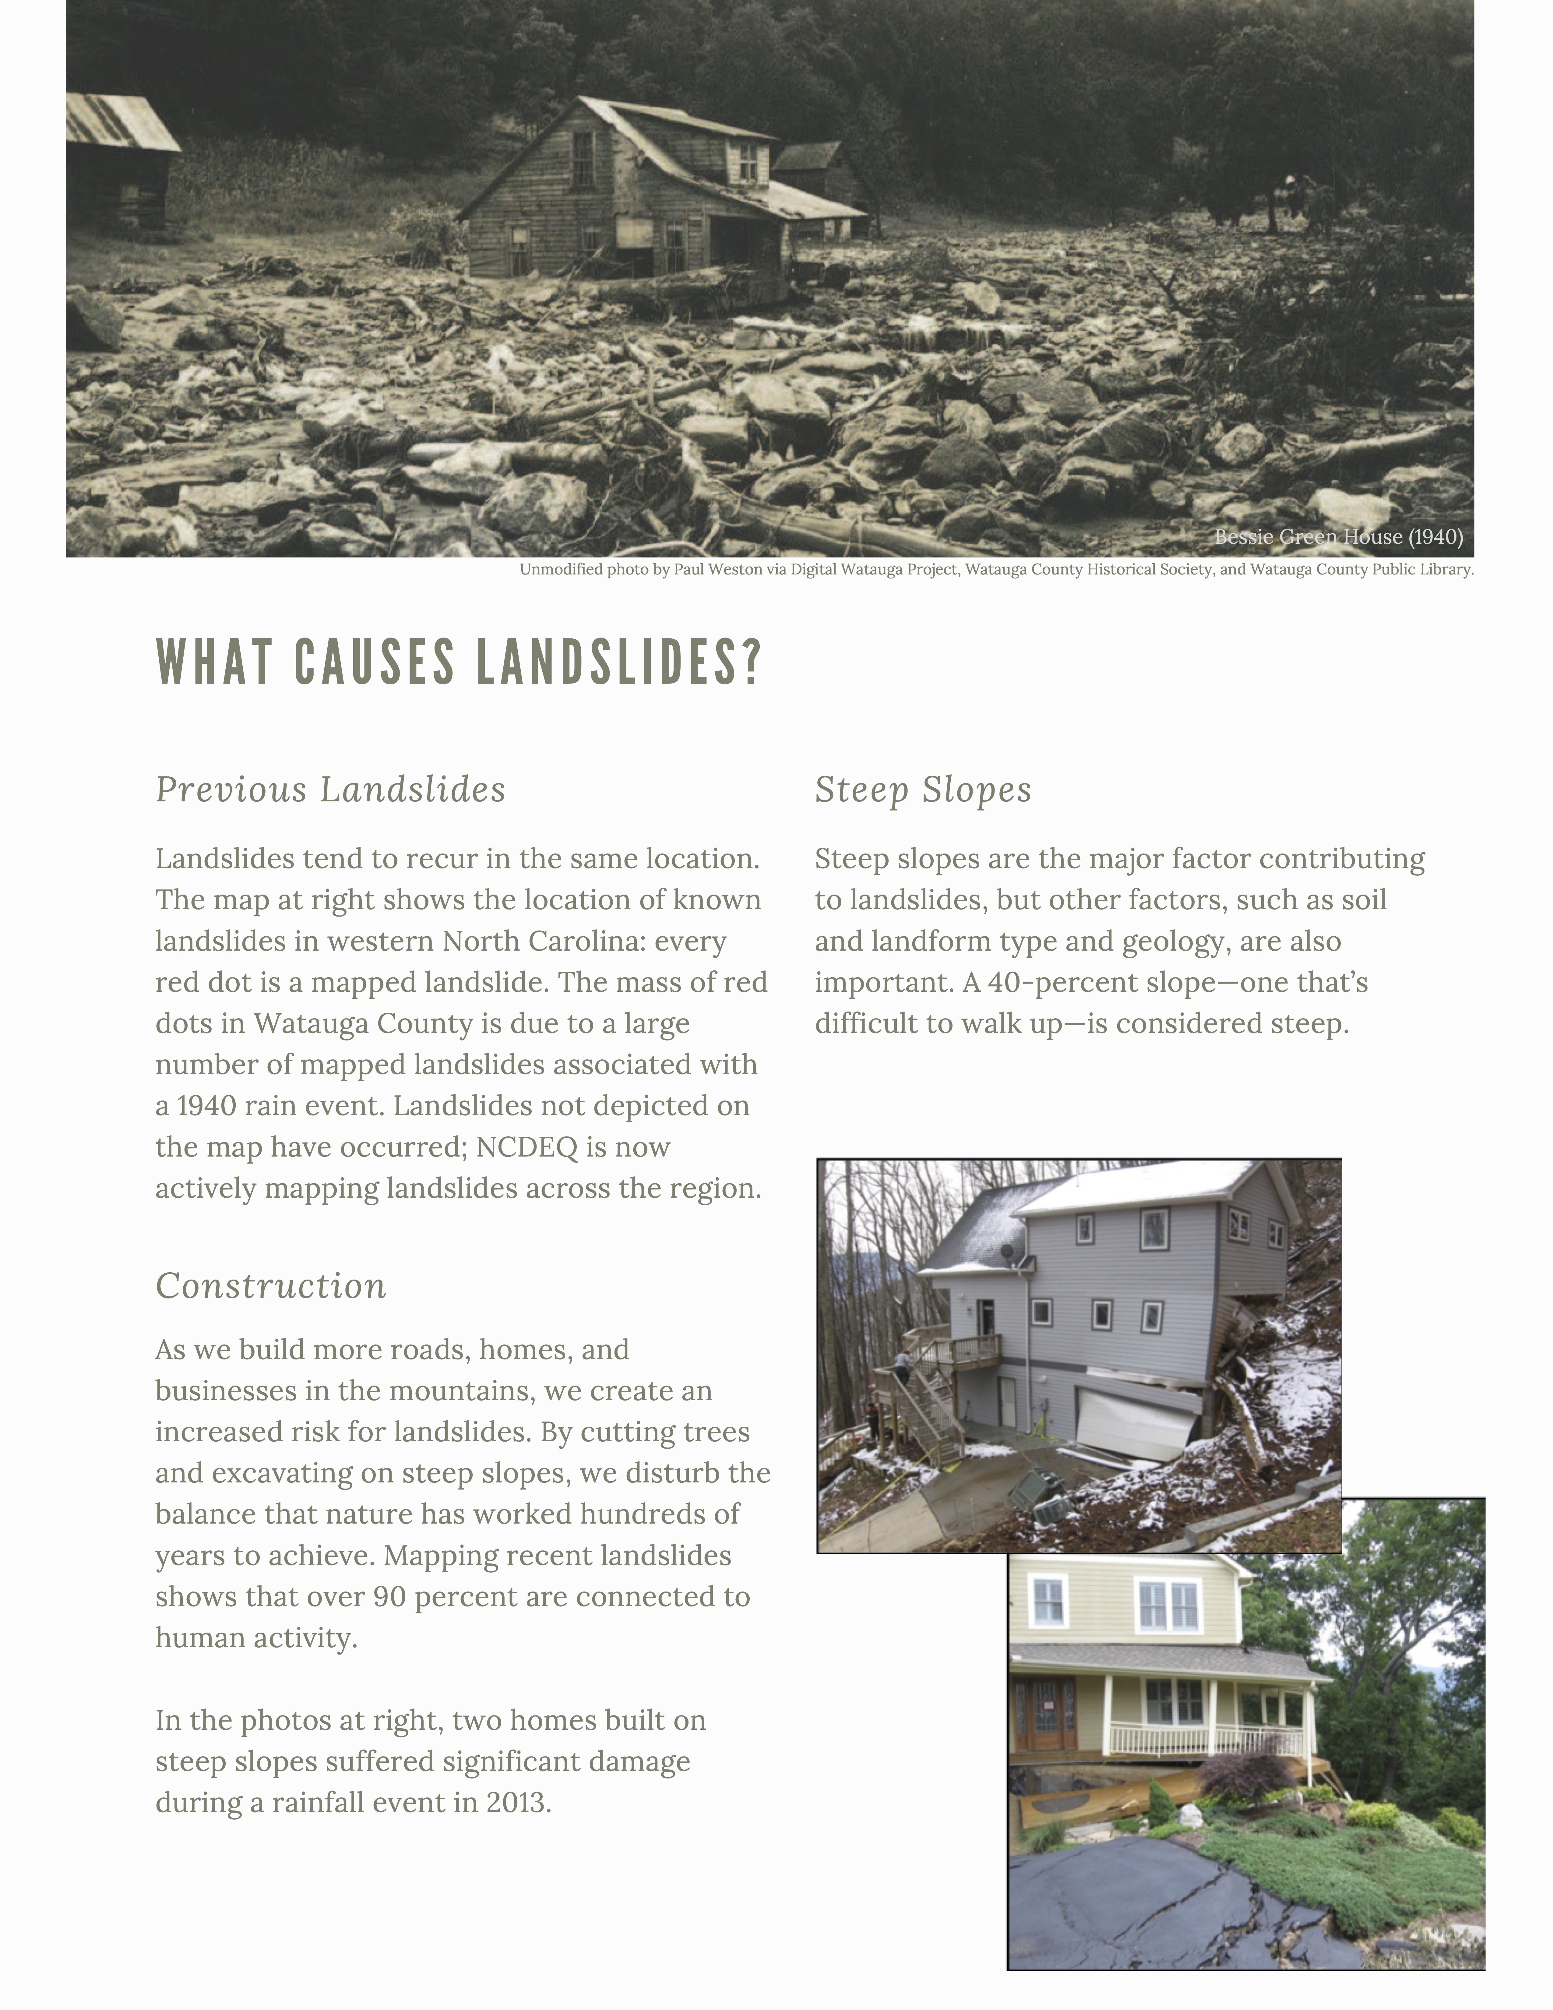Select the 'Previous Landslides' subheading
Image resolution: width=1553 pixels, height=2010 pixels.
(330, 790)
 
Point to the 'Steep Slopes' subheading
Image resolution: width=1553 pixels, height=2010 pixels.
(923, 790)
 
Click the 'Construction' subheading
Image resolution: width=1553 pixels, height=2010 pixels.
(270, 1286)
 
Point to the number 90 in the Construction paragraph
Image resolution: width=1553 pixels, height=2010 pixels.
(390, 1597)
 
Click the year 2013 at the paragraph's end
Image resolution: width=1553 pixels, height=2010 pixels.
(515, 1802)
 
